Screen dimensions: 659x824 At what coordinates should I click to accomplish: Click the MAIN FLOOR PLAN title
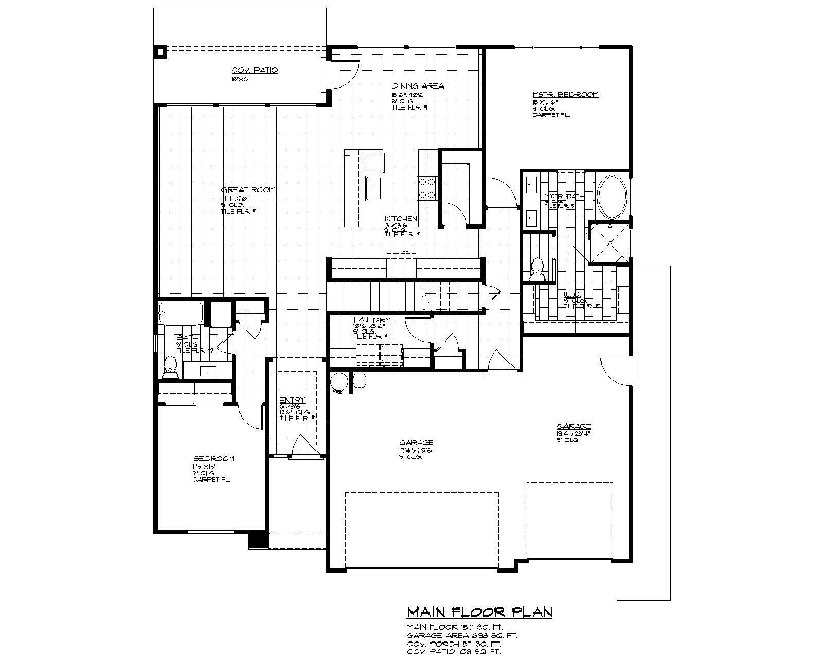click(x=479, y=612)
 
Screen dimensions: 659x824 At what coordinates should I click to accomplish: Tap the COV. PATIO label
click(x=254, y=70)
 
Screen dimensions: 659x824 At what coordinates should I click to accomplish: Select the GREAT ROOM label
click(x=248, y=189)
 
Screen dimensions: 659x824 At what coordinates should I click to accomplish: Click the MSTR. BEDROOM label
click(x=565, y=95)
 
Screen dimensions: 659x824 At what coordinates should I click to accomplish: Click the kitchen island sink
click(x=372, y=188)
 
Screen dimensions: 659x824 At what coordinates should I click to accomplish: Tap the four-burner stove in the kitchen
click(x=427, y=188)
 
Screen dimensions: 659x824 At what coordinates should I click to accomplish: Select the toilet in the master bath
click(x=538, y=270)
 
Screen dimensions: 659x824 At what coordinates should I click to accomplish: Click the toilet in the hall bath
click(x=169, y=367)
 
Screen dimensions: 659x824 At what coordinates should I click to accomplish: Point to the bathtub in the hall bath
click(x=181, y=313)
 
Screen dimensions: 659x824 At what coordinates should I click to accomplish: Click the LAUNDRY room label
click(x=372, y=320)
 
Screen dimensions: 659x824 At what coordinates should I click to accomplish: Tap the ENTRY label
click(x=293, y=400)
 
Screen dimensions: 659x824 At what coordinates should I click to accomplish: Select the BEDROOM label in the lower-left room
click(x=214, y=459)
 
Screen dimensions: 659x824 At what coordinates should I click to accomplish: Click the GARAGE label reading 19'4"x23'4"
click(x=573, y=426)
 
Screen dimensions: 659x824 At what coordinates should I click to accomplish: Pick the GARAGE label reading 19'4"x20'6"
click(x=416, y=443)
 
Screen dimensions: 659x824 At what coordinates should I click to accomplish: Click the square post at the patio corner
click(x=161, y=52)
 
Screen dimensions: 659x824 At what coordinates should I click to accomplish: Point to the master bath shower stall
click(x=609, y=242)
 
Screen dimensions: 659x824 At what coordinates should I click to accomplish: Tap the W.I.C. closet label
click(x=572, y=294)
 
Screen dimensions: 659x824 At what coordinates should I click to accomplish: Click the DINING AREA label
click(x=418, y=86)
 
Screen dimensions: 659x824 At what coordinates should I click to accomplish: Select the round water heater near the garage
click(x=339, y=383)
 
